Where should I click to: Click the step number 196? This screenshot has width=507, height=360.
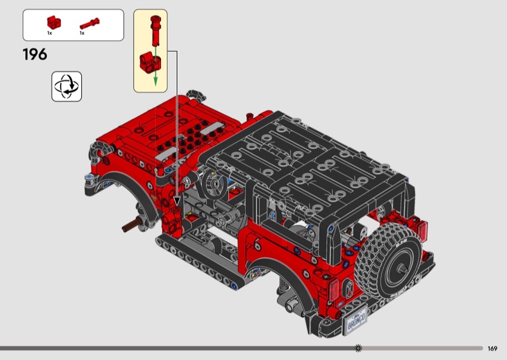tap(35, 55)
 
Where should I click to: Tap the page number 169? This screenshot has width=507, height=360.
tap(492, 349)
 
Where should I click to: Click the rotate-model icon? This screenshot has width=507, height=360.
tap(67, 86)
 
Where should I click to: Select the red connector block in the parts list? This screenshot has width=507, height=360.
tap(54, 22)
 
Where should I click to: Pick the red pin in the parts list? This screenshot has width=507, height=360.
tap(89, 23)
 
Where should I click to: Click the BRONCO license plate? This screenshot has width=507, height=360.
tap(356, 319)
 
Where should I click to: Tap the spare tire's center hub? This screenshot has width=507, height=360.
tap(402, 267)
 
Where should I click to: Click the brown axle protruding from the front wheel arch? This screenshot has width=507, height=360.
tap(132, 224)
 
